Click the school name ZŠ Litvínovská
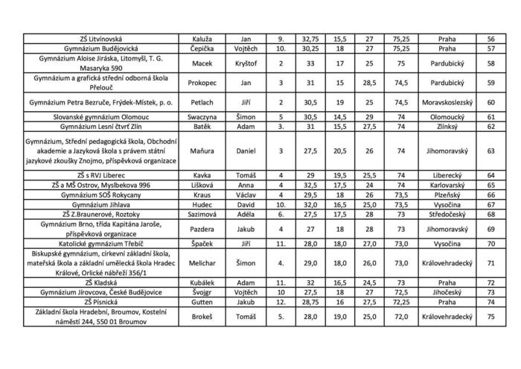100,37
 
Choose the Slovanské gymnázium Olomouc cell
100,117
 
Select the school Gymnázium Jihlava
100,204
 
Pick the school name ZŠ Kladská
100,284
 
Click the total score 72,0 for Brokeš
402,315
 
